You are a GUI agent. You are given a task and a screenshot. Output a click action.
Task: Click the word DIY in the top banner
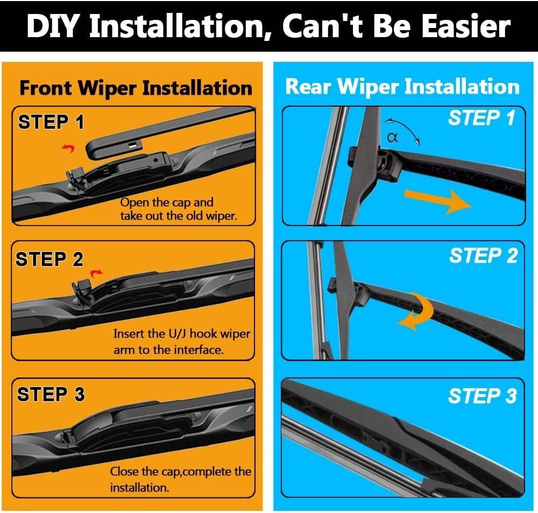pyautogui.click(x=55, y=26)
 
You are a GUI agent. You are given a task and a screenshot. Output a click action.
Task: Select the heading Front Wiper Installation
pyautogui.click(x=136, y=88)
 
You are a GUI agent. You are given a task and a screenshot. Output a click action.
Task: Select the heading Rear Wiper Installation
pyautogui.click(x=402, y=86)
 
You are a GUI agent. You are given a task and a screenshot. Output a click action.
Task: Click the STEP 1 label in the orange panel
pyautogui.click(x=51, y=122)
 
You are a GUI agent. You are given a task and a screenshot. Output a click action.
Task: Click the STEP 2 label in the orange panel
pyautogui.click(x=49, y=259)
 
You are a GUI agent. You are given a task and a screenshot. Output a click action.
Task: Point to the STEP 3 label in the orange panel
pyautogui.click(x=51, y=394)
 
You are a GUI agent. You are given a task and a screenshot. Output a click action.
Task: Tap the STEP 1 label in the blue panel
pyautogui.click(x=482, y=118)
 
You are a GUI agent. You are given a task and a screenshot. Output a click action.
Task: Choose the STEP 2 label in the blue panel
pyautogui.click(x=483, y=256)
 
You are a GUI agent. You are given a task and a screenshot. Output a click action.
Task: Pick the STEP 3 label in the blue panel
pyautogui.click(x=482, y=396)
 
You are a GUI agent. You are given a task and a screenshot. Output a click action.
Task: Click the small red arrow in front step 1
pyautogui.click(x=68, y=148)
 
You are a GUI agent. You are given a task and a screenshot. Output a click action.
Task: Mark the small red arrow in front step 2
pyautogui.click(x=96, y=273)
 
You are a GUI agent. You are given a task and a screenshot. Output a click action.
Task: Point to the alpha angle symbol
pyautogui.click(x=392, y=138)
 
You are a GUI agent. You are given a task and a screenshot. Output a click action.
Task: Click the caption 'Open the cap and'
pyautogui.click(x=167, y=202)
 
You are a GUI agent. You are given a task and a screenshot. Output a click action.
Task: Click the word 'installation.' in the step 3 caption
pyautogui.click(x=140, y=488)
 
